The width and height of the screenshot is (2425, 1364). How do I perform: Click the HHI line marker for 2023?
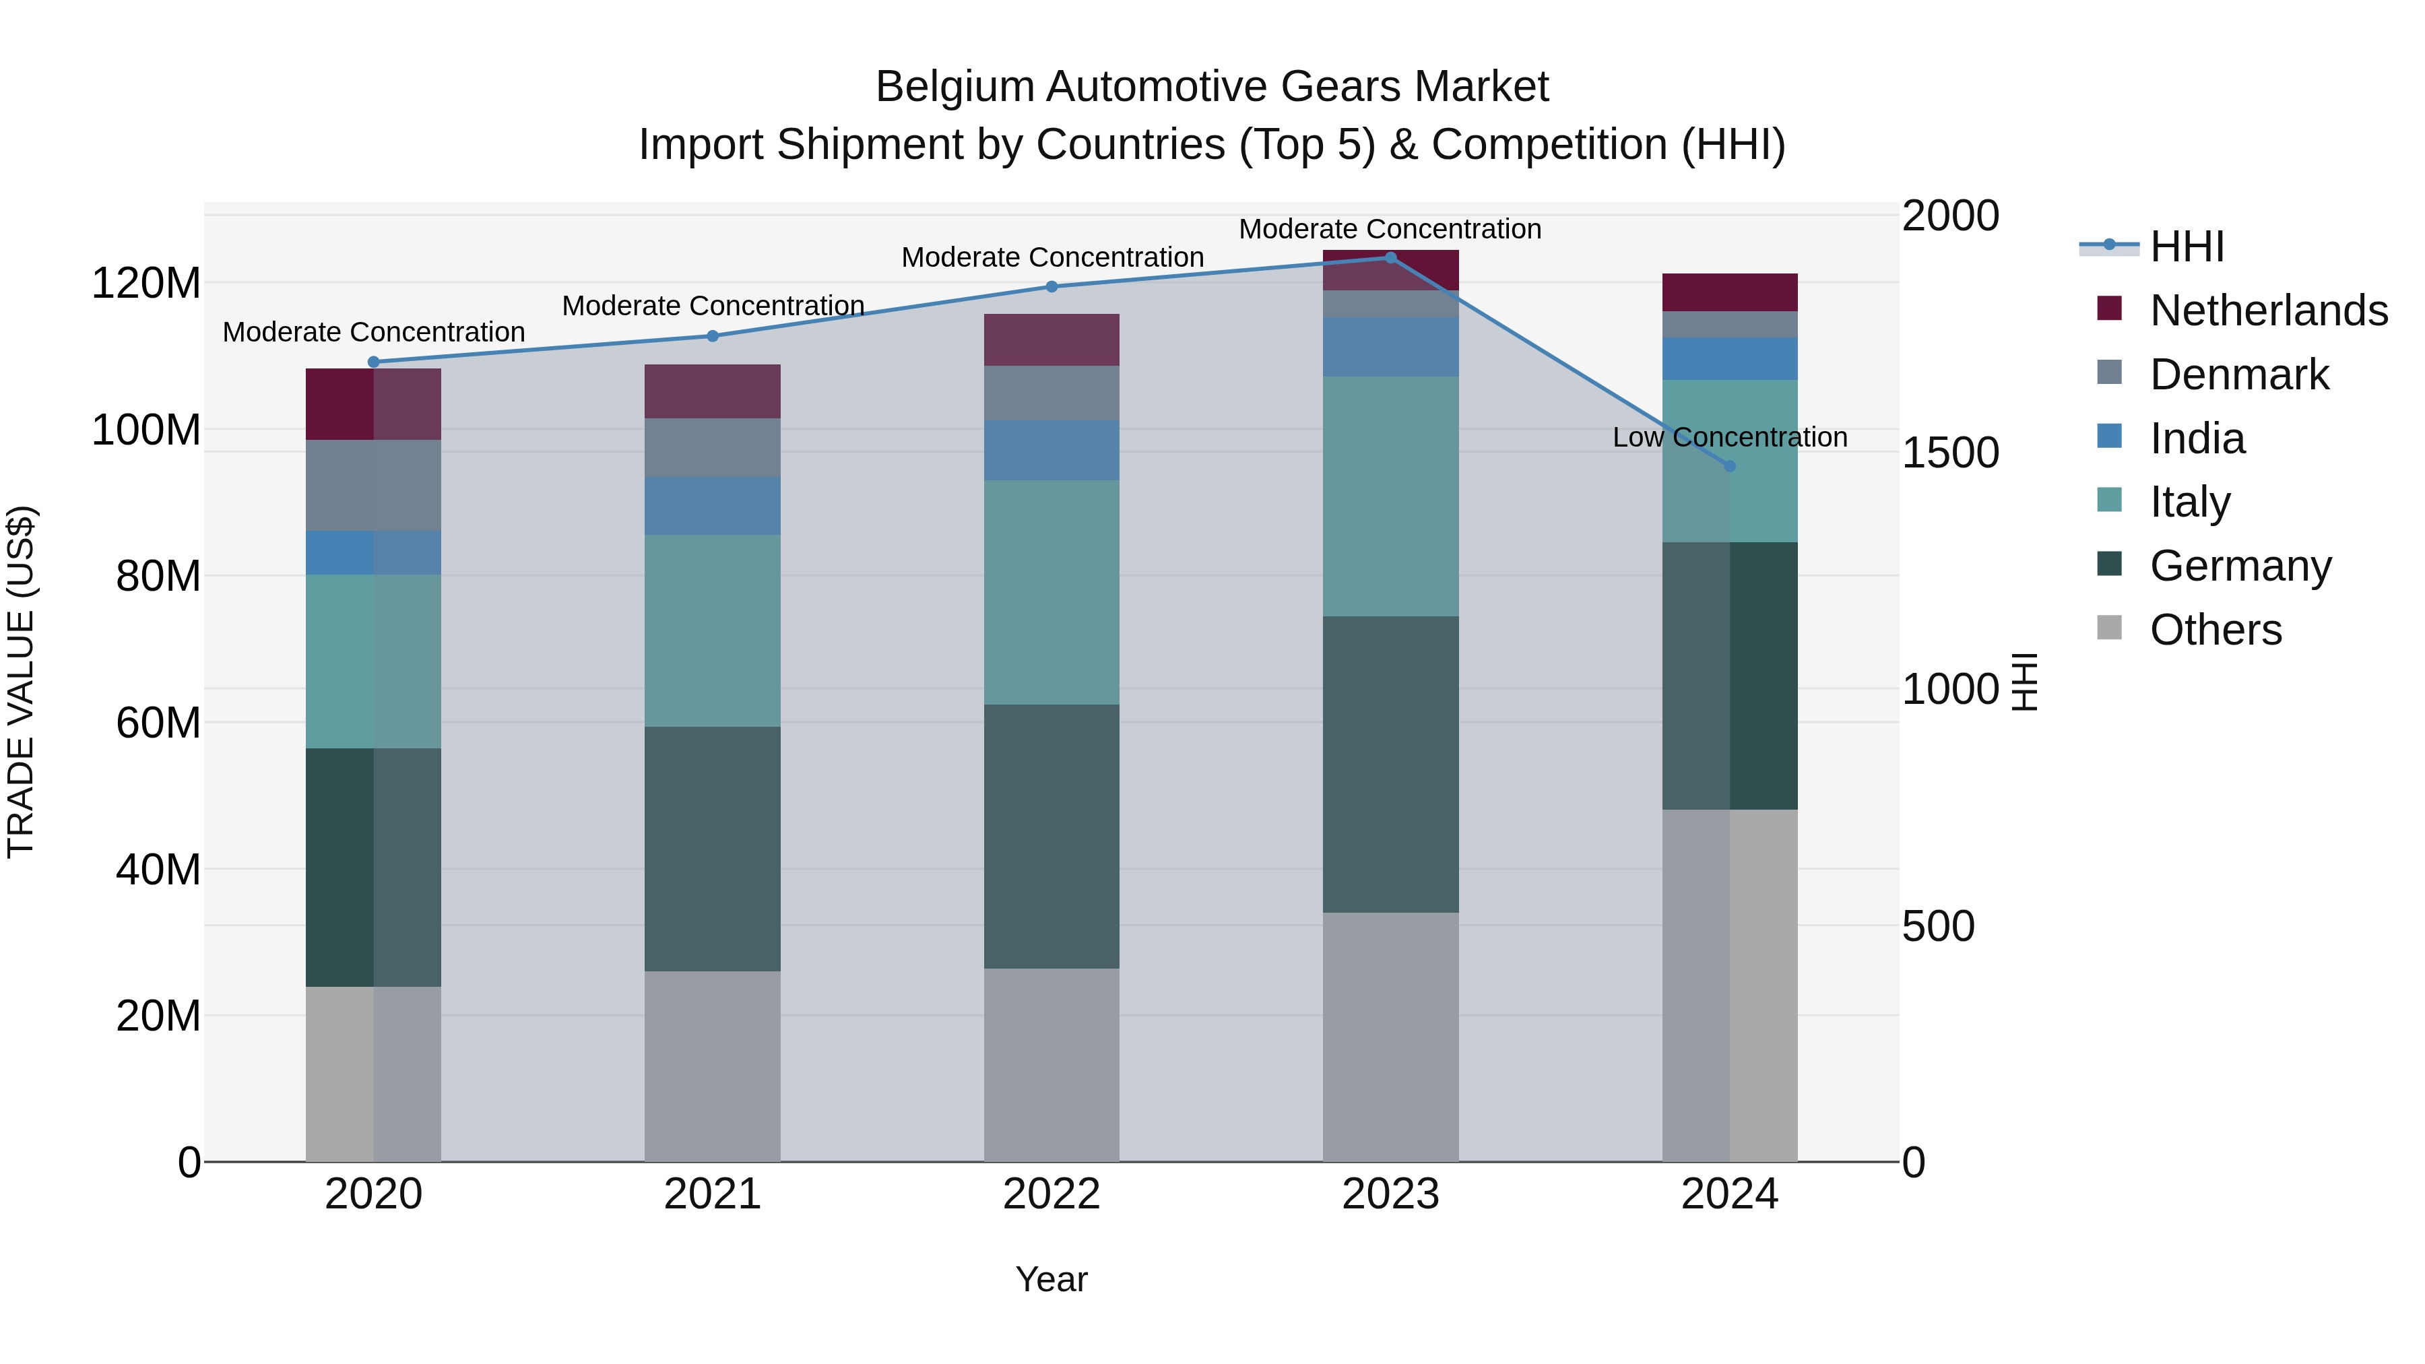[x=1390, y=258]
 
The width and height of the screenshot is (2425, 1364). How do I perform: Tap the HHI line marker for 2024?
[x=1729, y=466]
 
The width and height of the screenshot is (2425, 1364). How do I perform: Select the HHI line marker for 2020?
[x=374, y=362]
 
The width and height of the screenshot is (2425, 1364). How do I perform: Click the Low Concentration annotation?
[x=1729, y=438]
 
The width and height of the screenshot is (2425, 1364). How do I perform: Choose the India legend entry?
[x=2197, y=439]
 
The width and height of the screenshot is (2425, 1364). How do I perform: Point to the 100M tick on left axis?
[x=146, y=430]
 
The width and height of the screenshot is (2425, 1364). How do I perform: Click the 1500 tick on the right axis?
[x=1949, y=453]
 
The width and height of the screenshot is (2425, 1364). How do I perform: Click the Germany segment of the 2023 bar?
[x=1390, y=765]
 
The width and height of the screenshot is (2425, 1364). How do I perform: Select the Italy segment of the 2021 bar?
[x=713, y=630]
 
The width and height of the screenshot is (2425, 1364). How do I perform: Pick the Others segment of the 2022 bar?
[x=1052, y=1065]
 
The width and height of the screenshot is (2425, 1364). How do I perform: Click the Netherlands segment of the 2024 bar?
[x=1729, y=293]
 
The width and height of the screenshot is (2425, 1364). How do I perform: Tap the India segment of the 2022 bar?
[x=1052, y=451]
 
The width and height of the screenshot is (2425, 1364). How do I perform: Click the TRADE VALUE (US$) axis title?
[x=21, y=682]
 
